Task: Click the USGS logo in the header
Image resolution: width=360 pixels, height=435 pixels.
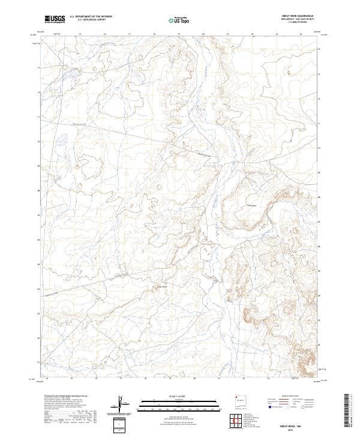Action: coord(55,19)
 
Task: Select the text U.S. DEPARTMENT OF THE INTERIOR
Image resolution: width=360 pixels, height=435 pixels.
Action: coord(91,17)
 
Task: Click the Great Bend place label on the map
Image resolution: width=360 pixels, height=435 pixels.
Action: coord(253,206)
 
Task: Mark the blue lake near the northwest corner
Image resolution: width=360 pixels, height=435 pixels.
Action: coord(68,75)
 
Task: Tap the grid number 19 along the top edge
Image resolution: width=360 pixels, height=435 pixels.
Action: coord(179,34)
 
